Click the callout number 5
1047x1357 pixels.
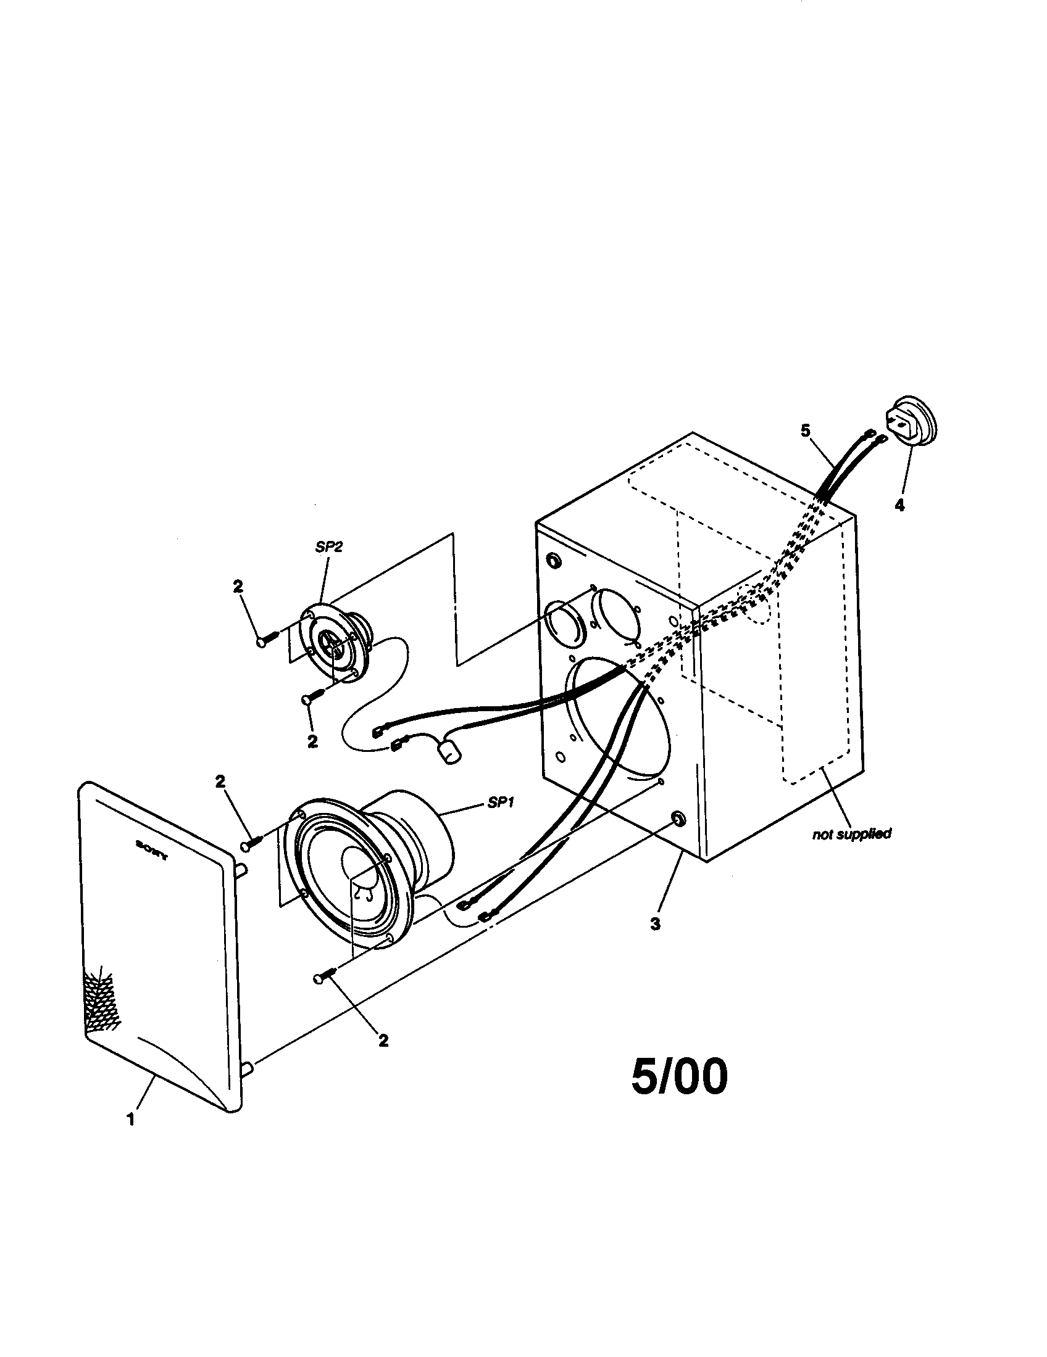pyautogui.click(x=805, y=431)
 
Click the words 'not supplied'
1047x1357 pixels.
pyautogui.click(x=852, y=834)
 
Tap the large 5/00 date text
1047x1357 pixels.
pyautogui.click(x=679, y=1077)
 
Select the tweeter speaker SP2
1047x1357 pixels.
pyautogui.click(x=336, y=643)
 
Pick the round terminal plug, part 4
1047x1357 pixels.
pyautogui.click(x=911, y=421)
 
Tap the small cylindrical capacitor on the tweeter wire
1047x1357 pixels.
pyautogui.click(x=450, y=754)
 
